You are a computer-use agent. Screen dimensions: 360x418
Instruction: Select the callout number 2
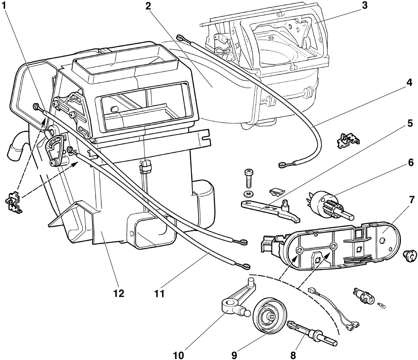148,7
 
